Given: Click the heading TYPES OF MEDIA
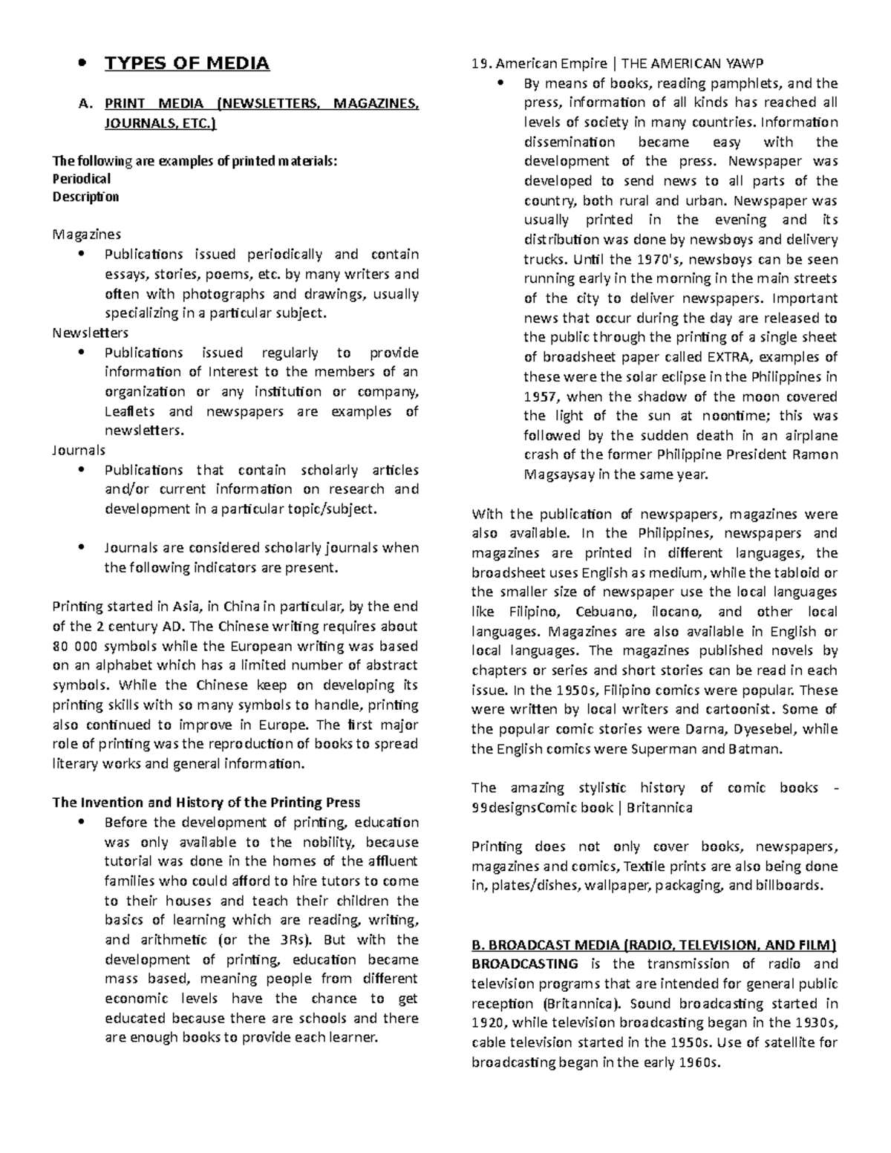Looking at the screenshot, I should (186, 64).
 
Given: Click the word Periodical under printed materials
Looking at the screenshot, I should (82, 179).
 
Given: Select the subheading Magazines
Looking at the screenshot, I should (86, 235).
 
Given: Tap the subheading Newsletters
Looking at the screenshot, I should (90, 333).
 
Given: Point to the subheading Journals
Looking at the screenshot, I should (79, 450).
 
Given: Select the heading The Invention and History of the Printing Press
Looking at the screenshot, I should (206, 802).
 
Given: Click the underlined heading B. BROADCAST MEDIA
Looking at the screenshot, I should (653, 945).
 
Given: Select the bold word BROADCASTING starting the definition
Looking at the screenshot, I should (525, 964).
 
